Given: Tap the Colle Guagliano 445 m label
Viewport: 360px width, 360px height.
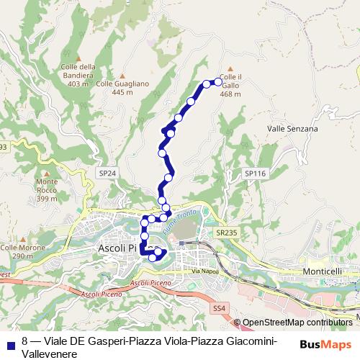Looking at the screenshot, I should pos(122,88).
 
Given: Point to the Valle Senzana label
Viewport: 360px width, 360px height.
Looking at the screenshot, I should pos(292,129).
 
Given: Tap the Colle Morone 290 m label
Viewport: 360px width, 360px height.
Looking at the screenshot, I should pos(22,251).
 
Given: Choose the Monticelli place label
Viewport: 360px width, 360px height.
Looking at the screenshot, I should pos(323,271).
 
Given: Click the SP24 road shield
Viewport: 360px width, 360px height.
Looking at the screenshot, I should pos(107,174).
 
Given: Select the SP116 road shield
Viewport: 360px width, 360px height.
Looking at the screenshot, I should pos(255,174).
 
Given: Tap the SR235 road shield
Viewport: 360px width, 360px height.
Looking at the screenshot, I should pos(225,233).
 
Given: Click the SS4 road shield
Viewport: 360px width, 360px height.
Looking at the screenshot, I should pos(219,308).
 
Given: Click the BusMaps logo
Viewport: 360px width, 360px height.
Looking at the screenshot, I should pos(326,344).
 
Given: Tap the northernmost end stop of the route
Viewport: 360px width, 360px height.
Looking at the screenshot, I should pos(218,81).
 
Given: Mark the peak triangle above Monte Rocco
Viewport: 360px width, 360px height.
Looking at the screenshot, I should pos(48,172).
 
